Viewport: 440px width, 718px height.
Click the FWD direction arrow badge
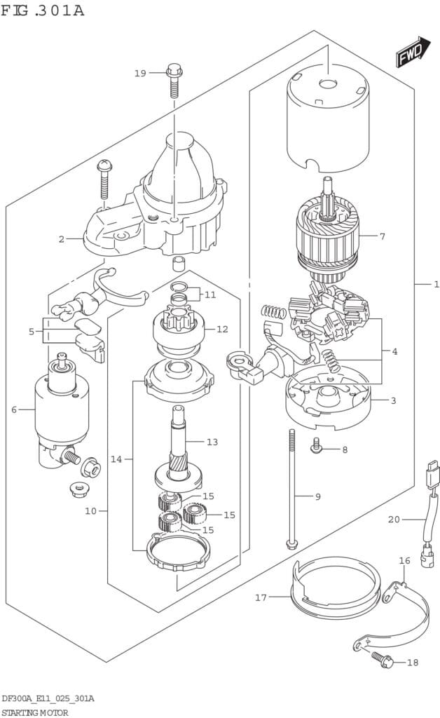413,53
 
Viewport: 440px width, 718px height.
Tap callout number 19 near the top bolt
140,73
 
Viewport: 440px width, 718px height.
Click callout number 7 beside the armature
383,236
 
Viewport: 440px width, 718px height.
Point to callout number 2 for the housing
62,239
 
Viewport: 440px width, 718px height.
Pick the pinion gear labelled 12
179,328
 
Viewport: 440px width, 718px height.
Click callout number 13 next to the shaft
212,442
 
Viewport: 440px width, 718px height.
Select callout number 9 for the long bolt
317,496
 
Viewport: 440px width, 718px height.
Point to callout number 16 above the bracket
404,561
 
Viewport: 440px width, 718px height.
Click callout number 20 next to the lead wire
394,520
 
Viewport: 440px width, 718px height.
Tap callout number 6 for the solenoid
13,409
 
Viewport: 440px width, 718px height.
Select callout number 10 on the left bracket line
90,510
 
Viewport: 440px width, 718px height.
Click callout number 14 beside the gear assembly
116,459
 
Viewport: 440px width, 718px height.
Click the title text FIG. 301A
43,11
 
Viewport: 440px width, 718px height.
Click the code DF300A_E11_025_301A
48,699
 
